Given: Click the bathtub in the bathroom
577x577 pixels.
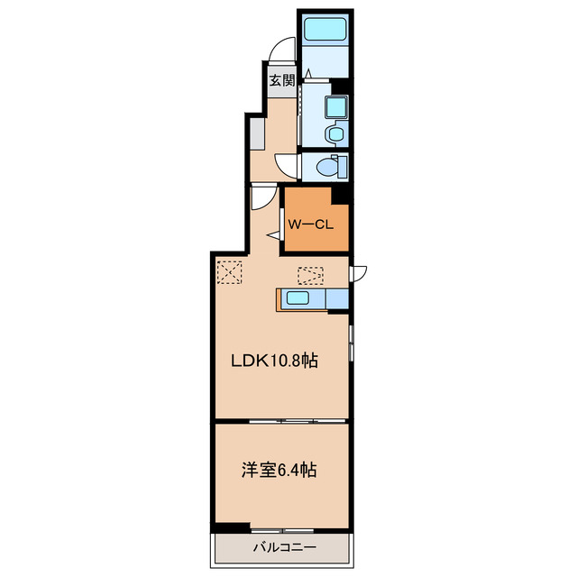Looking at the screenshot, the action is tap(325, 29).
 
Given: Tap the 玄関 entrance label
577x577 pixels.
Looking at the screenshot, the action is tap(282, 80).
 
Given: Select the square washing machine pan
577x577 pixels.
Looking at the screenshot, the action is tap(336, 107).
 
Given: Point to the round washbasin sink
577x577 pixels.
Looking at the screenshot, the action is tap(335, 134).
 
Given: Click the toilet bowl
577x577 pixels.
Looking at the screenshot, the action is tap(328, 168).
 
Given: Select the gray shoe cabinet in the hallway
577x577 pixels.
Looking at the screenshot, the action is tap(257, 134).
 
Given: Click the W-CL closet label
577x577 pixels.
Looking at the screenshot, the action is tap(310, 224).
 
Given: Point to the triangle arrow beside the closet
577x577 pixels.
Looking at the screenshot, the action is tap(273, 235).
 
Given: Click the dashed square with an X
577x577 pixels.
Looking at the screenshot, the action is tap(230, 272).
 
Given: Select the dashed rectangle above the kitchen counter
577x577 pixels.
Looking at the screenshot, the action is tap(310, 276).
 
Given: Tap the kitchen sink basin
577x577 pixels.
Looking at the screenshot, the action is tap(298, 298).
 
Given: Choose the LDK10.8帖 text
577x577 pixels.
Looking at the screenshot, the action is tap(274, 361).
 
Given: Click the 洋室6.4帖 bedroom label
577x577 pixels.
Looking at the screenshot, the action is tap(279, 471).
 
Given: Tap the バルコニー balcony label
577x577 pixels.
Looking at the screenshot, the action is tap(284, 547).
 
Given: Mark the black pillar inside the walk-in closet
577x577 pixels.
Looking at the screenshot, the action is tap(341, 196).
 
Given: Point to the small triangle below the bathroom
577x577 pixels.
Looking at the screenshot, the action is tap(307, 73).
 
